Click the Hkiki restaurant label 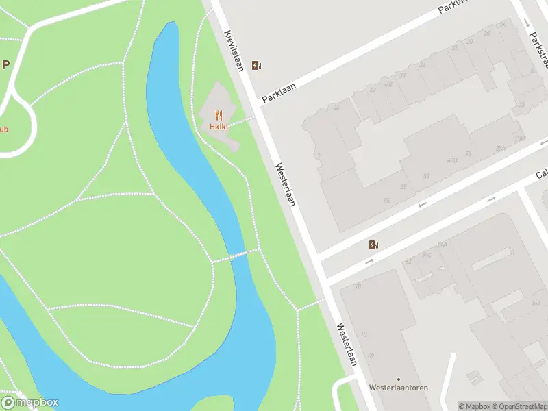coord(219,127)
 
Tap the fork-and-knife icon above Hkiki coord(219,115)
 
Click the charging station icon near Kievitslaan coord(257,66)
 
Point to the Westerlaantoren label coord(398,388)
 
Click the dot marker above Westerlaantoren coord(398,378)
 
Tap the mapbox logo coord(30,403)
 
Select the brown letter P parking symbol coord(5,66)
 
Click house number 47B coord(452,160)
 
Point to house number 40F coord(389,84)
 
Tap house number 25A coord(501,147)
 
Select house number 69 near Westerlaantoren coord(371,356)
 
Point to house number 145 coord(535,302)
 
